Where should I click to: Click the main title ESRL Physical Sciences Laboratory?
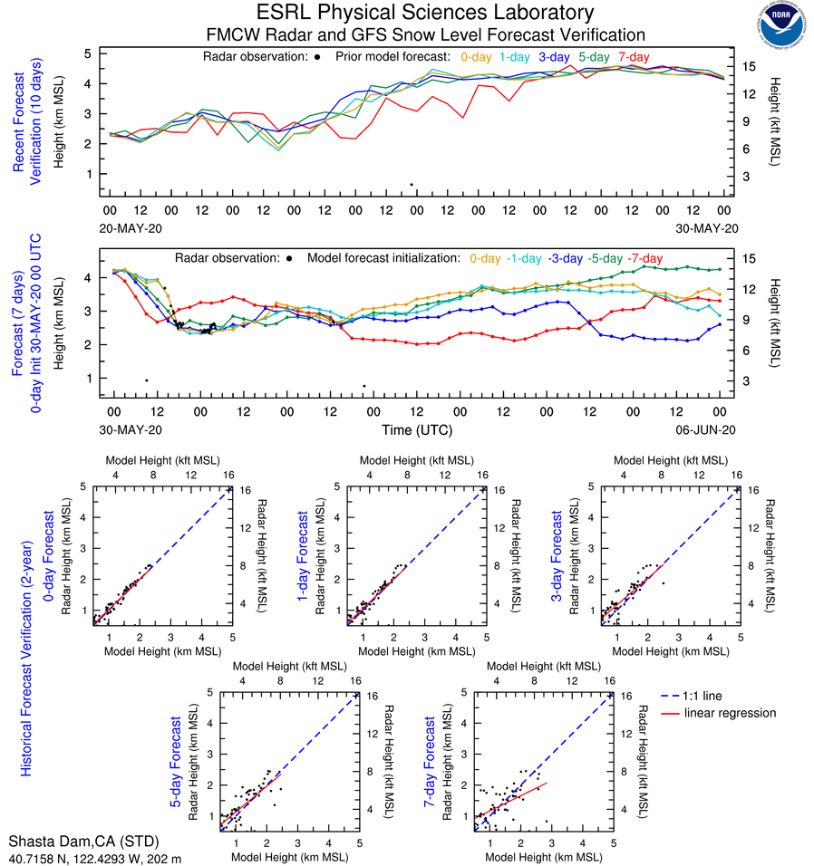click(426, 13)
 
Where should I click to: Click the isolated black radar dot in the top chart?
click(411, 185)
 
